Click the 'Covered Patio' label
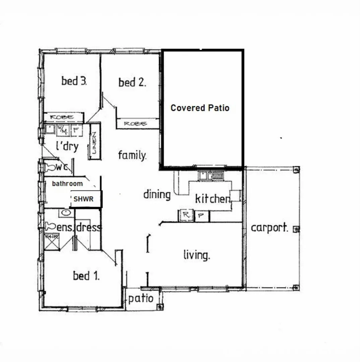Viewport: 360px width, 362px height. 200,108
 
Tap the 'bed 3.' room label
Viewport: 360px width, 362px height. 74,81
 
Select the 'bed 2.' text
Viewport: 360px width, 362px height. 132,82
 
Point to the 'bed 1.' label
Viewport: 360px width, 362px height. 86,276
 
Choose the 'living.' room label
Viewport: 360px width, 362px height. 197,255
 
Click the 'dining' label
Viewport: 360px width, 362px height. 157,194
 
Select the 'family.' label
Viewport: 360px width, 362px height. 132,155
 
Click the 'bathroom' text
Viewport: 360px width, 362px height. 67,184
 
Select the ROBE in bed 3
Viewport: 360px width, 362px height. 63,117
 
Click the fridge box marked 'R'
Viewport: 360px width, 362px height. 186,216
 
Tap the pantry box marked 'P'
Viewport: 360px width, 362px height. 200,216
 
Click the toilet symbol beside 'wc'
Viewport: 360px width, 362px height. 50,167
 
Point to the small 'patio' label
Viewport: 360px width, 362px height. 141,298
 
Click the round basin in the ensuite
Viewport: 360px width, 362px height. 66,213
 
